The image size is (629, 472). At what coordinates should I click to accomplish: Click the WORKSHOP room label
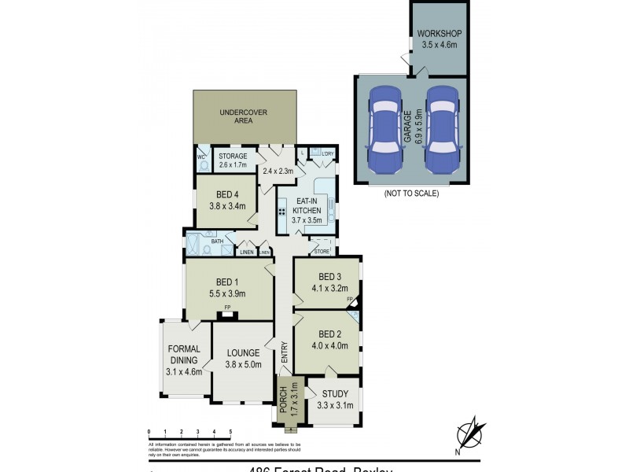(439, 33)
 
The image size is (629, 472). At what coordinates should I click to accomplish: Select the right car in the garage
(440, 128)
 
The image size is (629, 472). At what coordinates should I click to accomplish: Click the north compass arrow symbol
(470, 433)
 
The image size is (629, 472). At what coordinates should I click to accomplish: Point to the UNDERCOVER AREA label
(245, 117)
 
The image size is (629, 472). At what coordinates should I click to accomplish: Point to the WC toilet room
(201, 160)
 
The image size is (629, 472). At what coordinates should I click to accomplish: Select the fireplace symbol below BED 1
(227, 315)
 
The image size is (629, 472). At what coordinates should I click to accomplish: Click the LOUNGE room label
(243, 352)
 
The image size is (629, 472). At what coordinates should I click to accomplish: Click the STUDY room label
(335, 394)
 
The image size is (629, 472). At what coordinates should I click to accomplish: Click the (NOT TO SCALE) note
(411, 194)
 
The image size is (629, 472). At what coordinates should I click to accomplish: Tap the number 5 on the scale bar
(230, 431)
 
